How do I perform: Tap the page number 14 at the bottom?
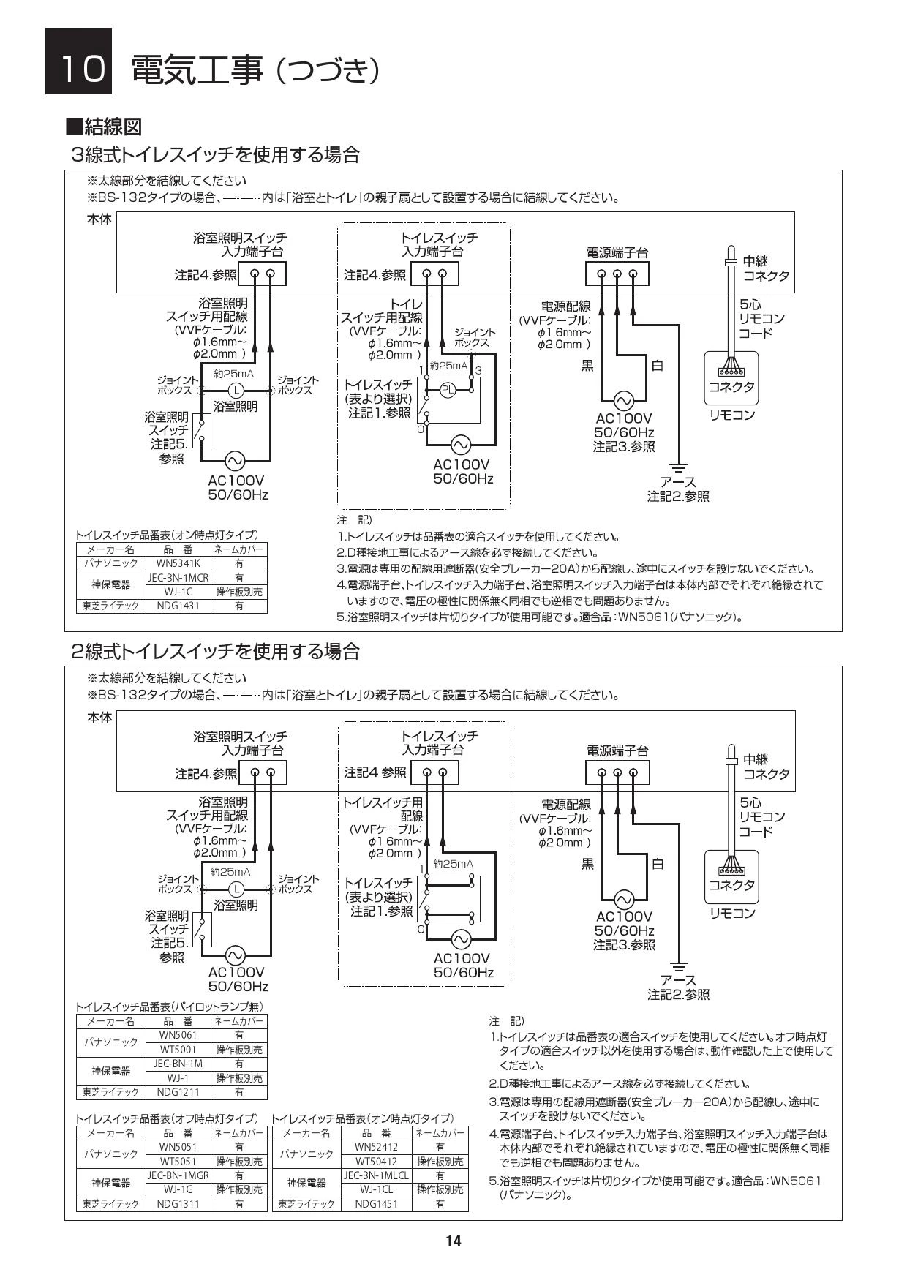click(453, 1241)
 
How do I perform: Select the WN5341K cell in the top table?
click(178, 563)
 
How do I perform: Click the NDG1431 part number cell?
click(178, 606)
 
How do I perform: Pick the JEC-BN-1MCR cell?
click(178, 577)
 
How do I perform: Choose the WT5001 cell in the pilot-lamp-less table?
click(178, 1049)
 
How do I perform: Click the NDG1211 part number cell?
click(178, 1091)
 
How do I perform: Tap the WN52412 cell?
click(377, 1147)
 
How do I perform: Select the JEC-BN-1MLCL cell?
click(377, 1175)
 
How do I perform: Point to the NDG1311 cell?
click(178, 1203)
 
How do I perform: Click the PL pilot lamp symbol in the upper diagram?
click(448, 390)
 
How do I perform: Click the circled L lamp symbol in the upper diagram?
click(236, 390)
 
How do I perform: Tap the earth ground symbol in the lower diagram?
click(680, 965)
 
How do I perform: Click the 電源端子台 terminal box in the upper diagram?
click(617, 274)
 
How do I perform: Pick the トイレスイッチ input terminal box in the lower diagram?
click(434, 772)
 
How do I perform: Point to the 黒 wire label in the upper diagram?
click(587, 366)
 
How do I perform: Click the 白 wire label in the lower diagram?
click(658, 864)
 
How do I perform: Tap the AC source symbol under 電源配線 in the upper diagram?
click(623, 401)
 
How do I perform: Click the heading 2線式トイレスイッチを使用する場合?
click(216, 650)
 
